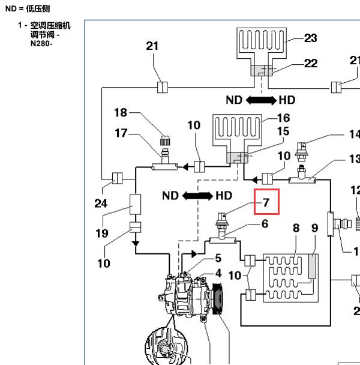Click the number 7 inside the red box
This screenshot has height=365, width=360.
click(266, 202)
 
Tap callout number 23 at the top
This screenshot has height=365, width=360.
click(311, 38)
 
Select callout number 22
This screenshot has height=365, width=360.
click(311, 63)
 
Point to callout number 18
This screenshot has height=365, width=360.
click(121, 113)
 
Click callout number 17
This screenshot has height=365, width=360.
click(121, 133)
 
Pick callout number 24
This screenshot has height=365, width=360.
click(101, 204)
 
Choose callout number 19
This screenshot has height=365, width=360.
click(102, 234)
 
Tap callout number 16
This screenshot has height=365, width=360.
click(284, 118)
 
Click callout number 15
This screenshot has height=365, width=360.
click(283, 131)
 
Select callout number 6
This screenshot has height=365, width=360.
click(265, 224)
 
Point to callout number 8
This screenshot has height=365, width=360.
click(296, 228)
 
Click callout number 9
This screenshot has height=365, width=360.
click(314, 228)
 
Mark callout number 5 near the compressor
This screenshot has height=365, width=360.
click(218, 258)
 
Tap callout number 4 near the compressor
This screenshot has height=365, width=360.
click(218, 273)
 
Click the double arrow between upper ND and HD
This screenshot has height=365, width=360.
click(261, 100)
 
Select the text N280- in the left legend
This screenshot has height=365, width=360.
click(41, 44)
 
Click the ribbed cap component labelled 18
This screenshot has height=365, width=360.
click(165, 140)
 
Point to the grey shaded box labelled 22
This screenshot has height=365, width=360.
click(262, 70)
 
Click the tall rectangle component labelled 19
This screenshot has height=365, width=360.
click(135, 204)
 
